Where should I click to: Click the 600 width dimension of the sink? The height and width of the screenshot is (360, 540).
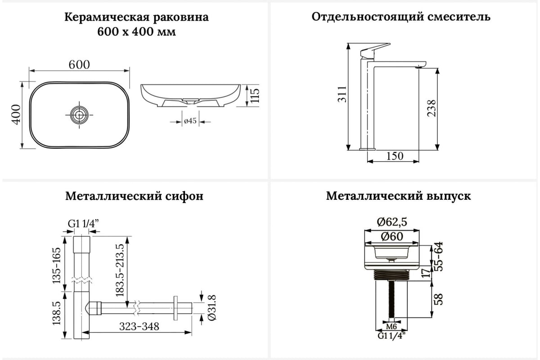(79, 65)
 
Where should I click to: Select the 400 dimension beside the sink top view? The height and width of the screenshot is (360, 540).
(16, 115)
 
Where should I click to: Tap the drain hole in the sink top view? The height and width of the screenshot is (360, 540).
(79, 115)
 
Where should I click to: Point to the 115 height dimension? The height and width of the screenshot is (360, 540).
(255, 95)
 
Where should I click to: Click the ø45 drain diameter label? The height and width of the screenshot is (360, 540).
(190, 121)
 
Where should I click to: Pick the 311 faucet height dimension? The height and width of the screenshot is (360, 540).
(342, 94)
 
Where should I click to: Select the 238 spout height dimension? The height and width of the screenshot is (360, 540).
(432, 108)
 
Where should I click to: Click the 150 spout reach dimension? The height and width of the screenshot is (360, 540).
(395, 156)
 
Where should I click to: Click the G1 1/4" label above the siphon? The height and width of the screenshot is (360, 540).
(83, 224)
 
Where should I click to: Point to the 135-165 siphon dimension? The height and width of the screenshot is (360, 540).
(57, 265)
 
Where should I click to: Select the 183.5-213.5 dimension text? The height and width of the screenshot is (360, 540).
(120, 270)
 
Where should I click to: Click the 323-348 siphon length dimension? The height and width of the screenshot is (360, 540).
(139, 327)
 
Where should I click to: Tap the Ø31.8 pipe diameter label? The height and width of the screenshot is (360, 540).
(211, 308)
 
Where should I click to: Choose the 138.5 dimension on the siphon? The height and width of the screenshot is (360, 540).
(57, 313)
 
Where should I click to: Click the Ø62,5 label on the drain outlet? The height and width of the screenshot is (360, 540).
(392, 222)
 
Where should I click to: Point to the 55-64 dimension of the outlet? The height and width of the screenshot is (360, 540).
(439, 256)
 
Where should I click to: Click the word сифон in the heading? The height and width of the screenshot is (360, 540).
(184, 196)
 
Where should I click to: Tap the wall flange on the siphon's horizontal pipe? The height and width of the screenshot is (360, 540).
(175, 308)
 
